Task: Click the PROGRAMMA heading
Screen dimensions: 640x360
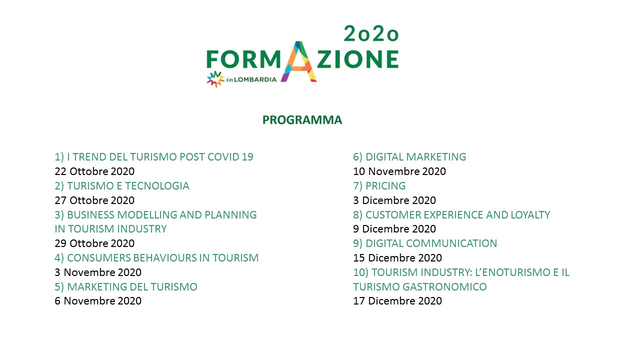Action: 302,120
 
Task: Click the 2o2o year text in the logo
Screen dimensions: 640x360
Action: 371,33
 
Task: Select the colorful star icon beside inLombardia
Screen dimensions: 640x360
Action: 215,79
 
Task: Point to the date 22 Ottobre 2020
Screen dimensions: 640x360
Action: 94,171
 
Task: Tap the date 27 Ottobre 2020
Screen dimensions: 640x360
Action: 94,200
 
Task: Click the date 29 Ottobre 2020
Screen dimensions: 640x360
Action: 94,243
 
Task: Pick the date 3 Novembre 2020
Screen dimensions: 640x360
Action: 98,272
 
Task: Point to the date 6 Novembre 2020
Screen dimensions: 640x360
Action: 98,301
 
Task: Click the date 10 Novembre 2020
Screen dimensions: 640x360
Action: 399,171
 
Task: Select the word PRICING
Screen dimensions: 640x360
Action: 385,186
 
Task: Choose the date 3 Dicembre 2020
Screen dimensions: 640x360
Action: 394,200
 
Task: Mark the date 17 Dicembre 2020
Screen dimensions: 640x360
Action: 397,301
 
